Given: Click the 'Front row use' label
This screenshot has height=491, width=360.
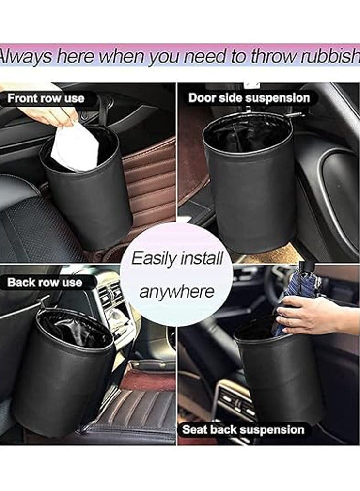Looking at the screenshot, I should (x=46, y=98).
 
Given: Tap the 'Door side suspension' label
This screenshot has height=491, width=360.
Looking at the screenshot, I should (x=249, y=98).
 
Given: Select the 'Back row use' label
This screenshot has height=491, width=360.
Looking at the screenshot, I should (x=45, y=283).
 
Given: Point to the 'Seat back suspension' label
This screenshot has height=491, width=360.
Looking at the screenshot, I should (x=243, y=429).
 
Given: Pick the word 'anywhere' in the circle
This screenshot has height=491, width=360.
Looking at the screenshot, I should (x=176, y=292).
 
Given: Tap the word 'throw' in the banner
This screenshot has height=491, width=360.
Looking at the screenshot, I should (x=272, y=57).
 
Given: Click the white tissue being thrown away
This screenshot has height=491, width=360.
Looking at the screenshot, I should (x=75, y=147).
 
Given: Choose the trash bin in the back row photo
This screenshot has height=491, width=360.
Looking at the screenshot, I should (x=63, y=368).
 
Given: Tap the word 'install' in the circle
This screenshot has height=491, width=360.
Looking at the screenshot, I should (x=202, y=258).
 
